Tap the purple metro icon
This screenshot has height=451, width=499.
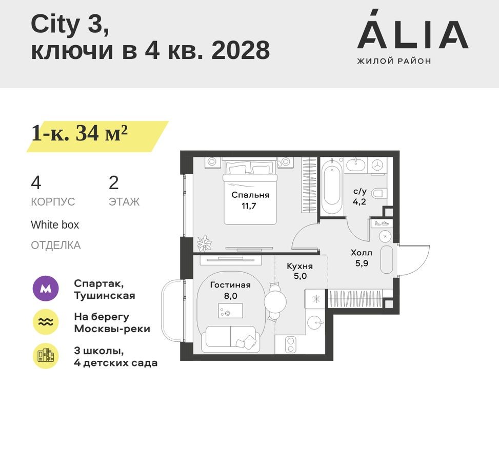[x=46, y=289]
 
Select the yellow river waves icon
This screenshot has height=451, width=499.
[x=46, y=322]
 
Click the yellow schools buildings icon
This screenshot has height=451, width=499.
[x=46, y=356]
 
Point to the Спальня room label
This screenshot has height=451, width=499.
[x=250, y=195]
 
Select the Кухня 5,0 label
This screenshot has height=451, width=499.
[x=300, y=271]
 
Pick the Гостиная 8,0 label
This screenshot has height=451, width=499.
[x=230, y=290]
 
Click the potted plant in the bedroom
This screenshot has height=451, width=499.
[x=205, y=242]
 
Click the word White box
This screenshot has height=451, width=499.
[x=55, y=225]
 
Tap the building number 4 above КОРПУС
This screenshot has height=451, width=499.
[x=36, y=183]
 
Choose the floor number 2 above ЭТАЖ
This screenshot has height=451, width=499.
[x=113, y=183]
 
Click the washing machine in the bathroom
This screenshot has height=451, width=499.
[x=378, y=165]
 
